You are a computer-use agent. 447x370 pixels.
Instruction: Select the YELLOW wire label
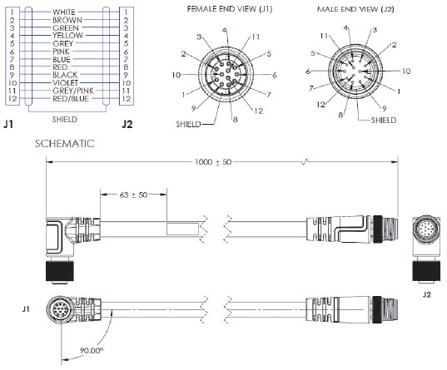67,36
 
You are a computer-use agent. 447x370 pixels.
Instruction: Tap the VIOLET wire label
67,83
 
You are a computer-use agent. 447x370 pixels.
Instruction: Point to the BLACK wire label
67,75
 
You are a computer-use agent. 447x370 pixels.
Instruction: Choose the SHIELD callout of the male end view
385,119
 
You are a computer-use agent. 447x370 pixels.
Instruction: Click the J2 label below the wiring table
127,124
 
